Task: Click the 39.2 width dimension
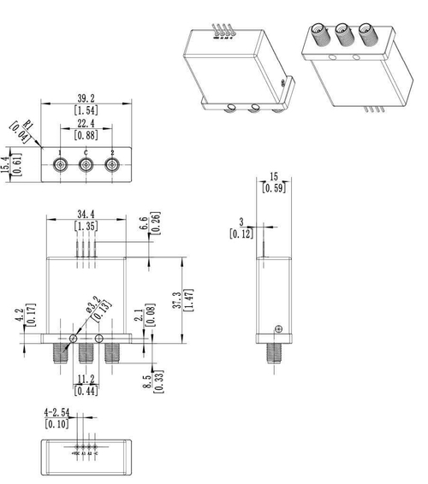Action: click(x=86, y=97)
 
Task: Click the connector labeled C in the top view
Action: click(x=86, y=165)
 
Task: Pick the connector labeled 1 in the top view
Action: click(x=60, y=165)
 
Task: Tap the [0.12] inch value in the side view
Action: click(x=241, y=232)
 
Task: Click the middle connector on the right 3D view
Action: click(x=346, y=36)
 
